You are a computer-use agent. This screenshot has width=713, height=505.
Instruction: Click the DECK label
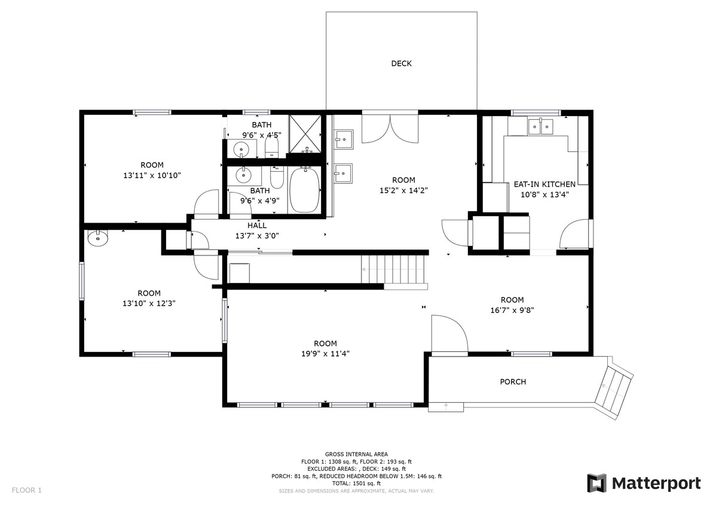point(401,63)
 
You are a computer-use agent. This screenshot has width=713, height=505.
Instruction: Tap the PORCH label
point(513,382)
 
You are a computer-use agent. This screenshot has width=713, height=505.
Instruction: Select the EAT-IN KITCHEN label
point(544,184)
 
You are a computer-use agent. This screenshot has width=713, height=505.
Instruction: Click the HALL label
point(257,226)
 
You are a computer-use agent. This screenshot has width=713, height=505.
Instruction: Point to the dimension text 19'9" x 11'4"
point(325,354)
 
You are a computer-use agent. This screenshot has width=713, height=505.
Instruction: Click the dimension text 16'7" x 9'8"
point(512,310)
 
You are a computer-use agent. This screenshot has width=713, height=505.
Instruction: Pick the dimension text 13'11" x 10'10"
point(152,175)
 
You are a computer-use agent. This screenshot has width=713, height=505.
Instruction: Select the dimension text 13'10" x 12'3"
point(149,303)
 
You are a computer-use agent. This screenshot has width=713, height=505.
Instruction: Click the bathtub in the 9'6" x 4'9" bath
point(304,190)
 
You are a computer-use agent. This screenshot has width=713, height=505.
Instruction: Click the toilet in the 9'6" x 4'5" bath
point(271,147)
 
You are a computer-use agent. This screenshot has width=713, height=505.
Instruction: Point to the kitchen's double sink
point(540,126)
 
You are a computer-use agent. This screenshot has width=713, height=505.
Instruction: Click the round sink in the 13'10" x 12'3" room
point(97,238)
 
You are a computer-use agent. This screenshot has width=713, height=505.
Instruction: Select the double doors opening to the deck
point(390,129)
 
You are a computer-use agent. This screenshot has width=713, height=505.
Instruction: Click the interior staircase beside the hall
point(394,269)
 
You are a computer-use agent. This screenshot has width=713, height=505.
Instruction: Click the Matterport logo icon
point(596,483)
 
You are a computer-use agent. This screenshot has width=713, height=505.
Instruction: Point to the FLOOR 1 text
point(26,491)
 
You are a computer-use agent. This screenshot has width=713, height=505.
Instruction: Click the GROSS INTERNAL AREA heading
point(356,454)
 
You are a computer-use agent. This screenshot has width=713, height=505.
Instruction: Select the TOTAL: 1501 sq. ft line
point(356,483)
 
